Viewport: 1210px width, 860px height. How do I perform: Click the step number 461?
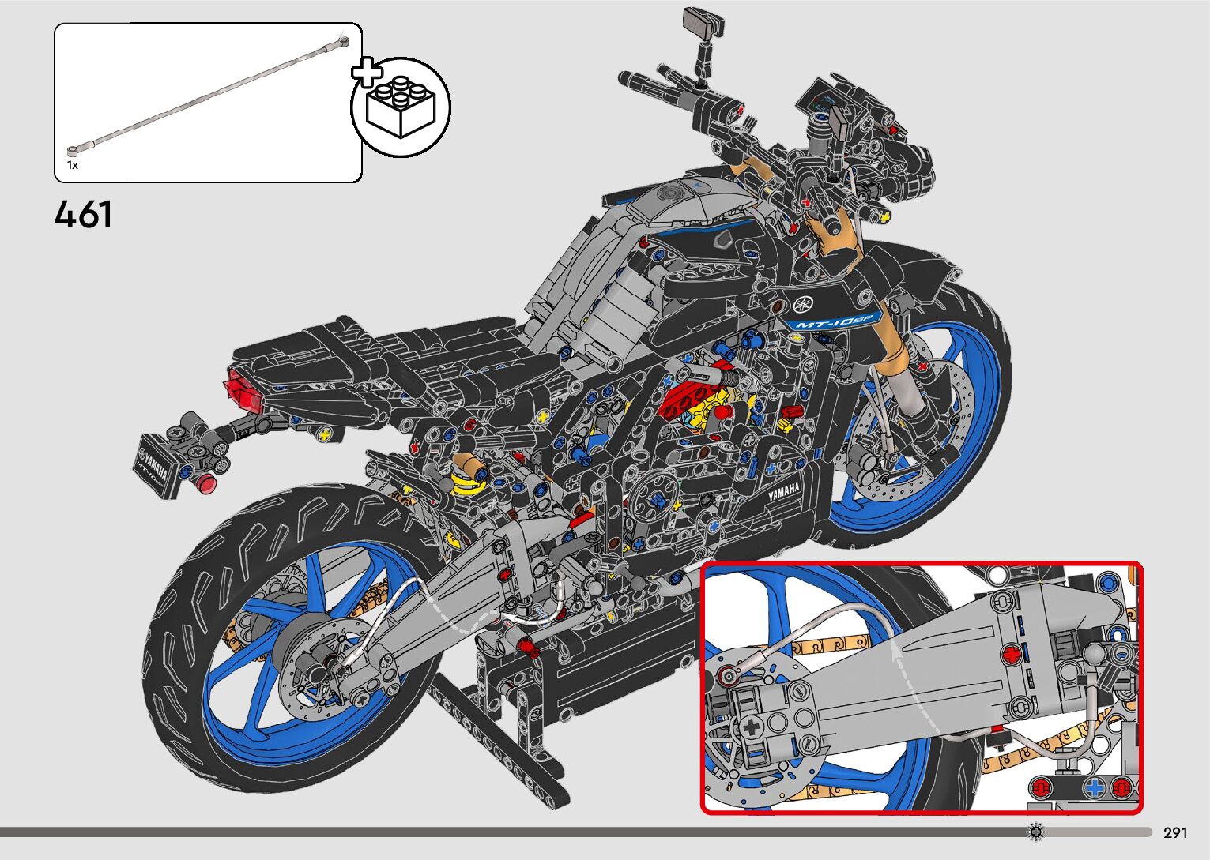click(83, 215)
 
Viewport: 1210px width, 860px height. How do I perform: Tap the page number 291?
click(1175, 832)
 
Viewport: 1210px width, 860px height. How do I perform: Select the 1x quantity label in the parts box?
click(73, 166)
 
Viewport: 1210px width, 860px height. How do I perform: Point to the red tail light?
click(243, 392)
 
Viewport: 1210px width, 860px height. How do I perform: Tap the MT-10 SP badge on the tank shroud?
click(835, 320)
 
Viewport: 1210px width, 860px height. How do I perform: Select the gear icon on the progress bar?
click(1036, 832)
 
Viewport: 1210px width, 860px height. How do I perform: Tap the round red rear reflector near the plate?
click(206, 484)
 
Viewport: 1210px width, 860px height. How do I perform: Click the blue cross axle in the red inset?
click(1095, 787)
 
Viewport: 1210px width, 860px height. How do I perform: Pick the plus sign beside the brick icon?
click(366, 73)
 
